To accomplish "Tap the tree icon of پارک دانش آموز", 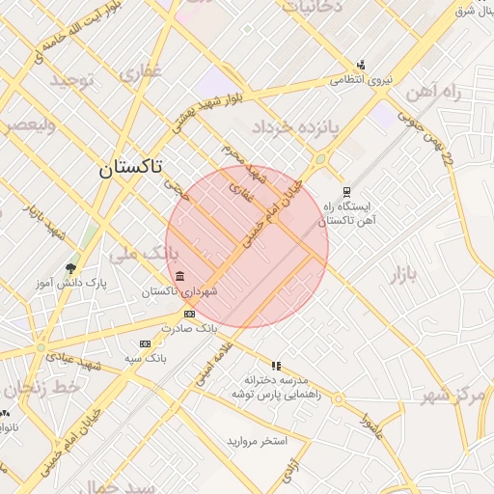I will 70,267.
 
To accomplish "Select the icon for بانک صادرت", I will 189,314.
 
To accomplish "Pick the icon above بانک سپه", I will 145,343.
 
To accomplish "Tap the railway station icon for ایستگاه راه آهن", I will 347,191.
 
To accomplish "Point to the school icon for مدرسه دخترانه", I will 277,366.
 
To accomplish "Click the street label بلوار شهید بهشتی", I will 210,112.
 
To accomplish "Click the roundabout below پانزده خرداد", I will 319,159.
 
